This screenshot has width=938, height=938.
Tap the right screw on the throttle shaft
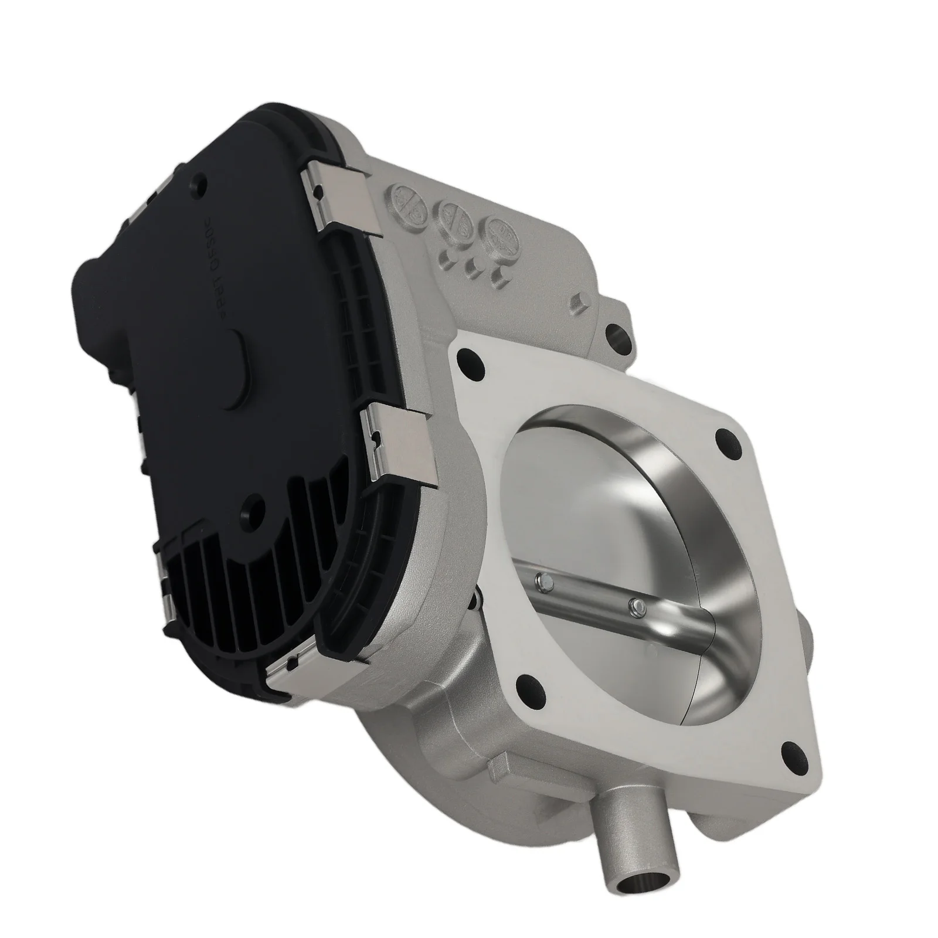coord(632,603)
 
